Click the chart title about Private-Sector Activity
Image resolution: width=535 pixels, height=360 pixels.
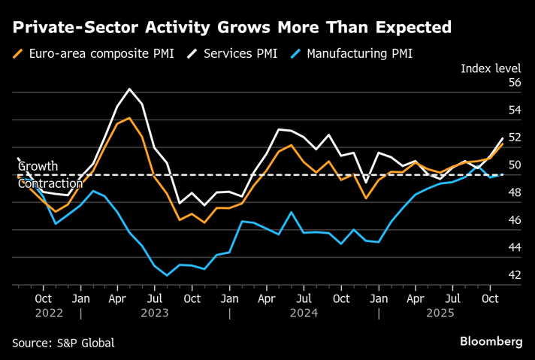231,29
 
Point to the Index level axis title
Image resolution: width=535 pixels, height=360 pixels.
491,69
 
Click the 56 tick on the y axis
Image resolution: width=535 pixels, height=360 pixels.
515,83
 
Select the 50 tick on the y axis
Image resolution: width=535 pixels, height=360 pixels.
515,165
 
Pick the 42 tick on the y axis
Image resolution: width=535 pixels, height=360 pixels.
515,275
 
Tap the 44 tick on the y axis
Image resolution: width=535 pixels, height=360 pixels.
515,247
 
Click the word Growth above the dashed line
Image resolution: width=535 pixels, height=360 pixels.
38,166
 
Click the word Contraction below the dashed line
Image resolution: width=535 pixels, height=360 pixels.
50,184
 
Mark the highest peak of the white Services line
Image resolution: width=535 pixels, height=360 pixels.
130,89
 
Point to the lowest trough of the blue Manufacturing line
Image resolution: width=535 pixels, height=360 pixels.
167,275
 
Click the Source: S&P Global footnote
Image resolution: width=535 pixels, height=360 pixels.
63,343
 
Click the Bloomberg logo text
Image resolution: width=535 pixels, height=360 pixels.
491,342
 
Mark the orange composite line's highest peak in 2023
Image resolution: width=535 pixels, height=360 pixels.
130,118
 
